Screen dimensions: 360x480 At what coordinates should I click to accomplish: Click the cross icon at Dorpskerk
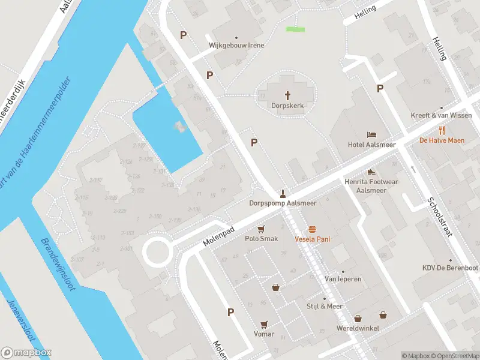287,95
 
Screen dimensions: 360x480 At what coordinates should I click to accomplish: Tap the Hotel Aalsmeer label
372,145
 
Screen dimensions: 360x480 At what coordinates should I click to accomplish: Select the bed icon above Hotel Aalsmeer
372,134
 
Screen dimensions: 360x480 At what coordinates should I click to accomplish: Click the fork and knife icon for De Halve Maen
442,130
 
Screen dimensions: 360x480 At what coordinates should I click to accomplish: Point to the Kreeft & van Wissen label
441,116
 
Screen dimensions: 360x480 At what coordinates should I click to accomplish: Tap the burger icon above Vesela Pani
312,229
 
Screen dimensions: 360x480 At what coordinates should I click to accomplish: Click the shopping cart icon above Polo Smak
261,229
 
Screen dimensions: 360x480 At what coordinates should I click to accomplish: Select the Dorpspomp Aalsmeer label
283,203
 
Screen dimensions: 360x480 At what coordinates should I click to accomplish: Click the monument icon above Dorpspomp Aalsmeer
283,193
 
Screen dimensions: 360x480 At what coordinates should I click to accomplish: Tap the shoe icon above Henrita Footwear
371,172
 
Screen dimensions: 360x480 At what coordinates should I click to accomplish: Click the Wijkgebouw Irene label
236,46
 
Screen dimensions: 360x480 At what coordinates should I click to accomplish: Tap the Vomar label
264,334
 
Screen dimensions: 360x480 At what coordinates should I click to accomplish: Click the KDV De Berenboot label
450,268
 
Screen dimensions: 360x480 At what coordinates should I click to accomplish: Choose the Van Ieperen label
343,279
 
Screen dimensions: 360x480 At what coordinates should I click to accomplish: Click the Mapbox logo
26,353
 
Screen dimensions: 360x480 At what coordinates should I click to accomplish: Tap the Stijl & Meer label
325,307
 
